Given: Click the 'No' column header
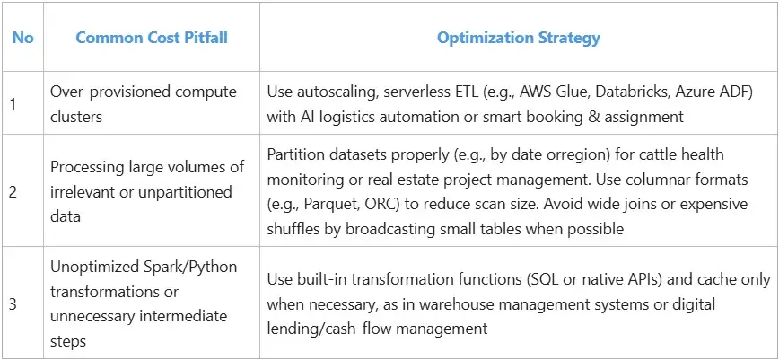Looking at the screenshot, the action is point(22,38).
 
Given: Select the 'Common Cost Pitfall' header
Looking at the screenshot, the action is point(152,38).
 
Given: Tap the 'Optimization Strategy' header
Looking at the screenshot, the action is point(519,38).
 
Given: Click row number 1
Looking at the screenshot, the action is point(13,104).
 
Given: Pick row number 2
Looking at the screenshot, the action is point(13,191).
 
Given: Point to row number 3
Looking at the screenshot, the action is point(13,303).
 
